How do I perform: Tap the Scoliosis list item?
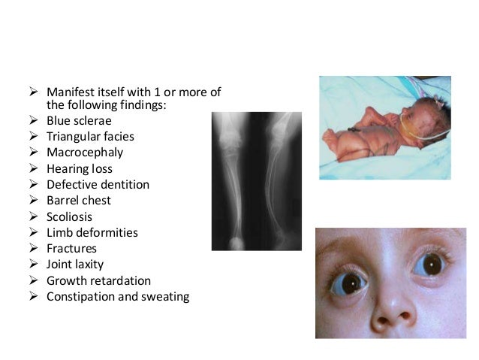(x=71, y=216)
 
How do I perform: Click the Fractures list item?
(x=71, y=248)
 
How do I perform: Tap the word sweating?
(x=165, y=296)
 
